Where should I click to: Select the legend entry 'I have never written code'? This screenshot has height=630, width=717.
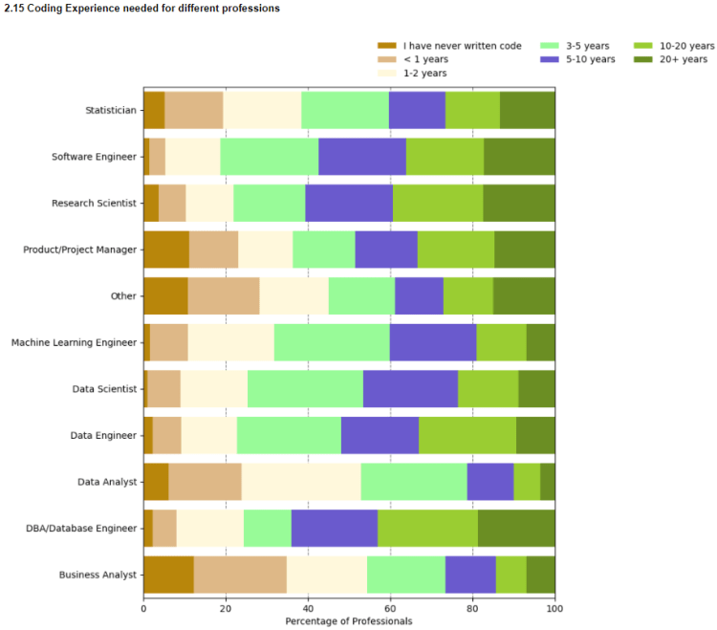coord(462,45)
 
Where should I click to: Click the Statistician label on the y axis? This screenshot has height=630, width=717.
coord(110,110)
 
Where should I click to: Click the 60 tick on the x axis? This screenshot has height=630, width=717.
coord(390,606)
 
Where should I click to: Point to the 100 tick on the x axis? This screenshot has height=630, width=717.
coord(554,606)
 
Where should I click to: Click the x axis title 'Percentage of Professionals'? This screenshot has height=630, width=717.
coord(349,620)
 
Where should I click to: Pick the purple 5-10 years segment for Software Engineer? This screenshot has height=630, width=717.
coord(362,157)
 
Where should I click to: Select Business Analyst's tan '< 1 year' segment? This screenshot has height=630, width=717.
coord(240,575)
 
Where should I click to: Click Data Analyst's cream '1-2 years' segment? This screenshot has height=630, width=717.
coord(301,482)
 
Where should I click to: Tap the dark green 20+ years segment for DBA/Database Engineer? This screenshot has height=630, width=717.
coord(516,528)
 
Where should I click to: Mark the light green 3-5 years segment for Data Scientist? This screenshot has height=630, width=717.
coord(305,389)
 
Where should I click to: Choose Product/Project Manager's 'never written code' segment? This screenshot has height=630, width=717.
coord(166,250)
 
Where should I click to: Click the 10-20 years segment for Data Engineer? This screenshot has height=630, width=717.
coord(467,435)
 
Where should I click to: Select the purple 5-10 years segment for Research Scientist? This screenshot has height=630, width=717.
coord(349,203)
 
